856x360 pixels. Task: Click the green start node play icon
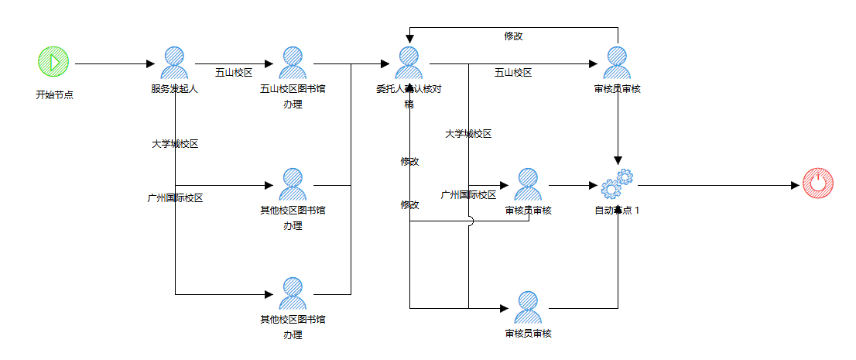(53, 62)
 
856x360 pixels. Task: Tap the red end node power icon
(817, 184)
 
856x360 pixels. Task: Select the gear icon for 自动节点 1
(617, 185)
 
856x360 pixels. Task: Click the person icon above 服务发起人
(175, 63)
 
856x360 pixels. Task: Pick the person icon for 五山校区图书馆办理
(293, 63)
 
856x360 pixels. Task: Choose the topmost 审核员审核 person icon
(618, 63)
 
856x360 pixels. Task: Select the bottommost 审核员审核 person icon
(528, 307)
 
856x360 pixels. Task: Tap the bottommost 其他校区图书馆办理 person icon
(293, 293)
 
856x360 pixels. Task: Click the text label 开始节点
(54, 95)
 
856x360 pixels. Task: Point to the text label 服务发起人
(175, 89)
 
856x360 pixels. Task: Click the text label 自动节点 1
(617, 211)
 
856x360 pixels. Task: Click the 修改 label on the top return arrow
(513, 36)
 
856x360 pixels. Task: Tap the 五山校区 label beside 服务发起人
(234, 73)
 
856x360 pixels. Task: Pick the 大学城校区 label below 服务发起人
(175, 144)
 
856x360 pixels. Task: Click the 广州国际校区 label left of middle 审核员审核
(468, 195)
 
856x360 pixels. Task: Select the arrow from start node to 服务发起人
(112, 63)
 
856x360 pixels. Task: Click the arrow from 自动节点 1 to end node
(716, 186)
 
